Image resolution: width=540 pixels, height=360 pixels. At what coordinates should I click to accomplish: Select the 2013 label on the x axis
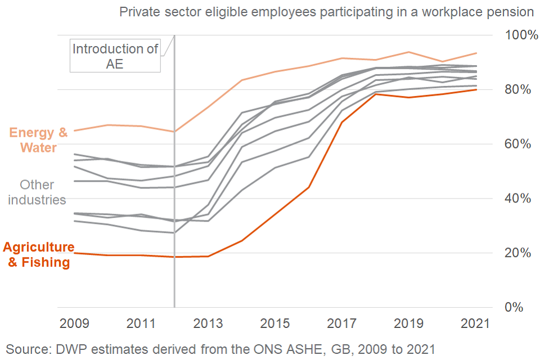tap(208, 323)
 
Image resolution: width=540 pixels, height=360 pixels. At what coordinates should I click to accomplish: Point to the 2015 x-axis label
tap(275, 323)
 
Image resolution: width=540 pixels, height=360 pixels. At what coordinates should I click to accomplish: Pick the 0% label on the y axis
tap(514, 308)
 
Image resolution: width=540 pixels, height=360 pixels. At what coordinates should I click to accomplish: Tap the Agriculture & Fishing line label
tap(38, 255)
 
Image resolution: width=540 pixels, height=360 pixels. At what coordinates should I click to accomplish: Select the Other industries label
tap(37, 192)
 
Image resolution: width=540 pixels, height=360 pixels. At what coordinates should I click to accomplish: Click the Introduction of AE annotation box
tap(115, 56)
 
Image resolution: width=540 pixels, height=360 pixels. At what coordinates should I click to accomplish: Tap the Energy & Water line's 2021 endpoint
tap(477, 53)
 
